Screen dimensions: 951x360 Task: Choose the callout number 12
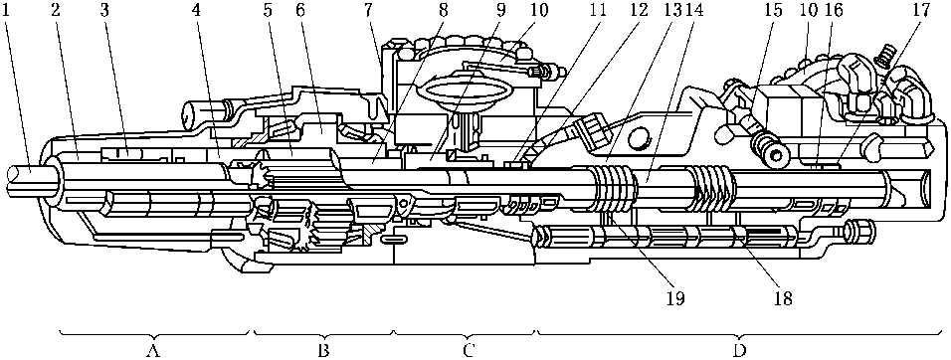point(633,11)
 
